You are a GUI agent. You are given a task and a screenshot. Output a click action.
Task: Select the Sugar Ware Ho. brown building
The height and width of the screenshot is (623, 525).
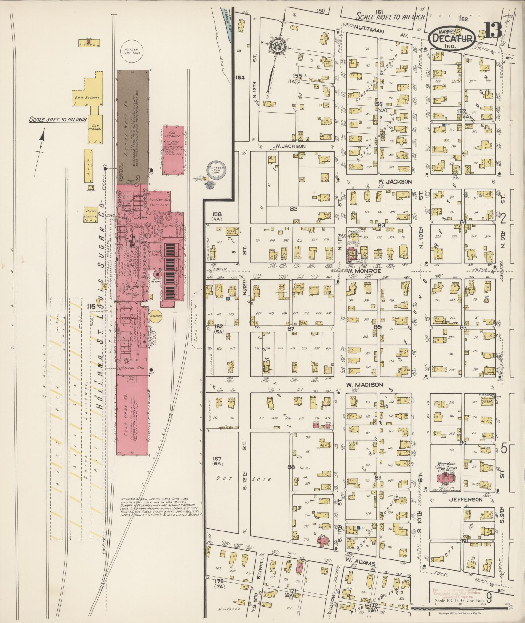133,127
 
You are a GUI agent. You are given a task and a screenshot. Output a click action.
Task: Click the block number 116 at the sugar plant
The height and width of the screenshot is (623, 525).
91,306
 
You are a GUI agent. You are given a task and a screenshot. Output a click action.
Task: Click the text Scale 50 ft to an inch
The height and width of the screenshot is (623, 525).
57,119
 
